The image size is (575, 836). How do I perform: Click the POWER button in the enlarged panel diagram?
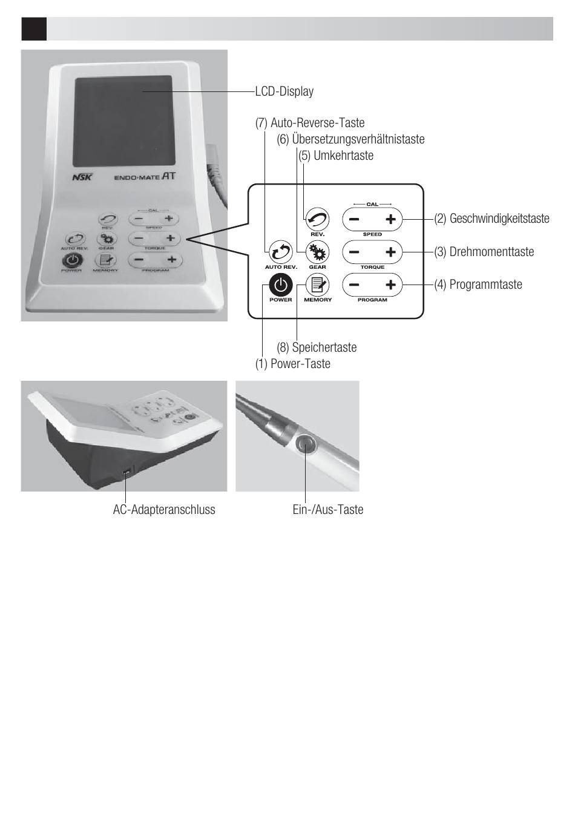(281, 285)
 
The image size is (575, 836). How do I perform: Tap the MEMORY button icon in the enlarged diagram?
(317, 285)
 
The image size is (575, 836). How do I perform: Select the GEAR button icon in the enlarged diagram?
(317, 251)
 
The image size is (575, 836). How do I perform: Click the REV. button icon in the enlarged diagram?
(317, 219)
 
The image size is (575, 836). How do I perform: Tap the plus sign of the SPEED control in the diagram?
(390, 219)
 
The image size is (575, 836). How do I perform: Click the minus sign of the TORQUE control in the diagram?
(354, 252)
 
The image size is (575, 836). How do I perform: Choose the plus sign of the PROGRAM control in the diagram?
(390, 285)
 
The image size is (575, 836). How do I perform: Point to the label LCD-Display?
(284, 91)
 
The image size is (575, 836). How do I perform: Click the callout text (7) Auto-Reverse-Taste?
(310, 123)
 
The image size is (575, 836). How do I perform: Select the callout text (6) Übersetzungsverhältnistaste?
(350, 139)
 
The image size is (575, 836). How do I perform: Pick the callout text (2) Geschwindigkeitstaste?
(491, 219)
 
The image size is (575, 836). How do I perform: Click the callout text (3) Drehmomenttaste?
(484, 252)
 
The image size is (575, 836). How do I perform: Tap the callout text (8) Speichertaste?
(317, 347)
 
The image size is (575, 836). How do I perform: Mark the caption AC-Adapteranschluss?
(164, 510)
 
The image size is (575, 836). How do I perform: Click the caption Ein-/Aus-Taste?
(327, 510)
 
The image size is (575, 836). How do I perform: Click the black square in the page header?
(34, 28)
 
